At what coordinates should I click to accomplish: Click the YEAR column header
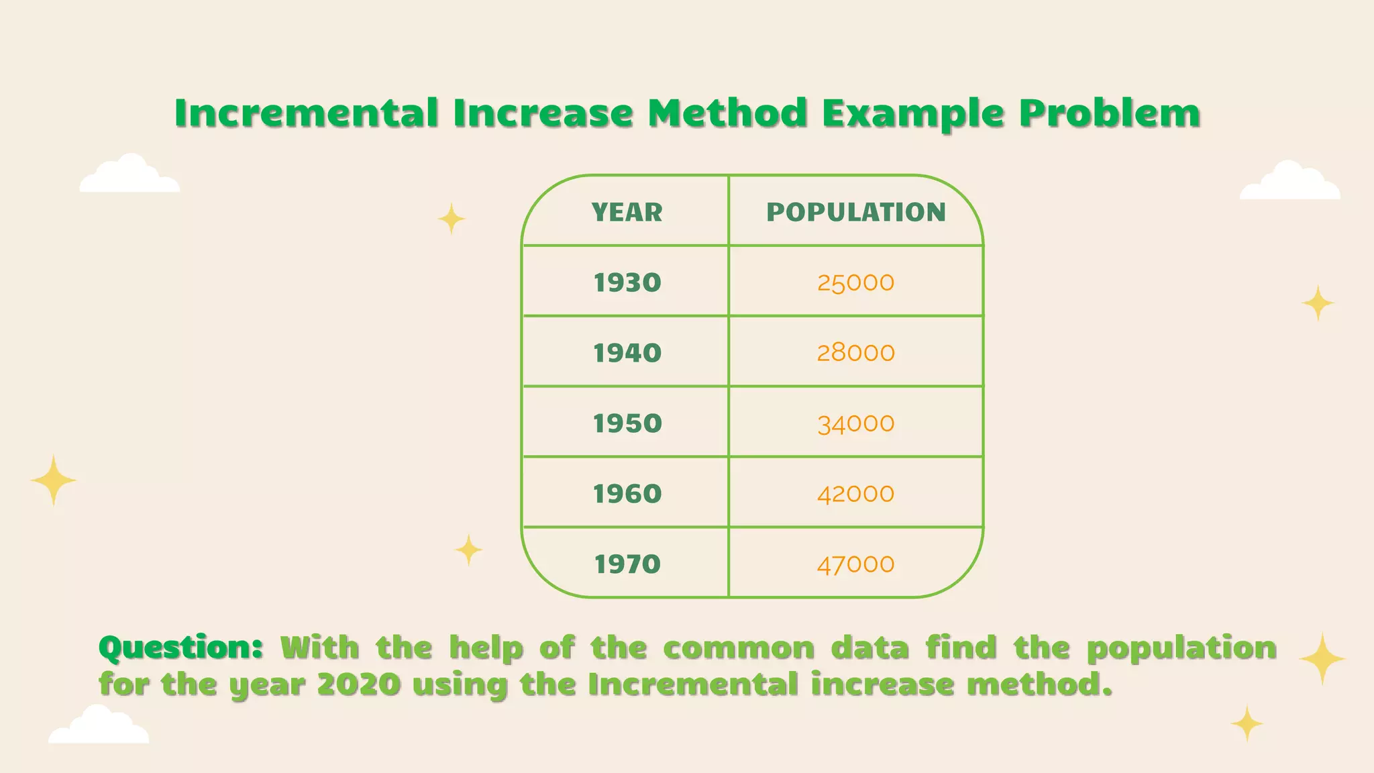pos(627,212)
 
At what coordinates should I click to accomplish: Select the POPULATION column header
pos(856,212)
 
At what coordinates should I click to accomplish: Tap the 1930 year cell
pos(627,282)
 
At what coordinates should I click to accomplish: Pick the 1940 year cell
pos(627,353)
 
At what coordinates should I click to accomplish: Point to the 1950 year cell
pos(627,423)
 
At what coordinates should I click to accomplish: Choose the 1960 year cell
pos(627,494)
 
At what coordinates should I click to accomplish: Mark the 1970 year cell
pos(627,564)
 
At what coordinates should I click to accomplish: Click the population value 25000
pos(856,282)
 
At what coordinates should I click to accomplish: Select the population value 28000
pos(856,353)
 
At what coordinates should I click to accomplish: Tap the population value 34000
pos(856,423)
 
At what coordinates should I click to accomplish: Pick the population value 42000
pos(856,494)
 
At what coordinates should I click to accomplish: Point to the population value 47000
pos(856,564)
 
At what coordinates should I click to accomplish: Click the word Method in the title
pos(727,113)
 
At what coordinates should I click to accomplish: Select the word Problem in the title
pos(1109,113)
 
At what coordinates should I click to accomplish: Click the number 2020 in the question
pos(358,684)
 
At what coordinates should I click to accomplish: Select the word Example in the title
pos(913,113)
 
